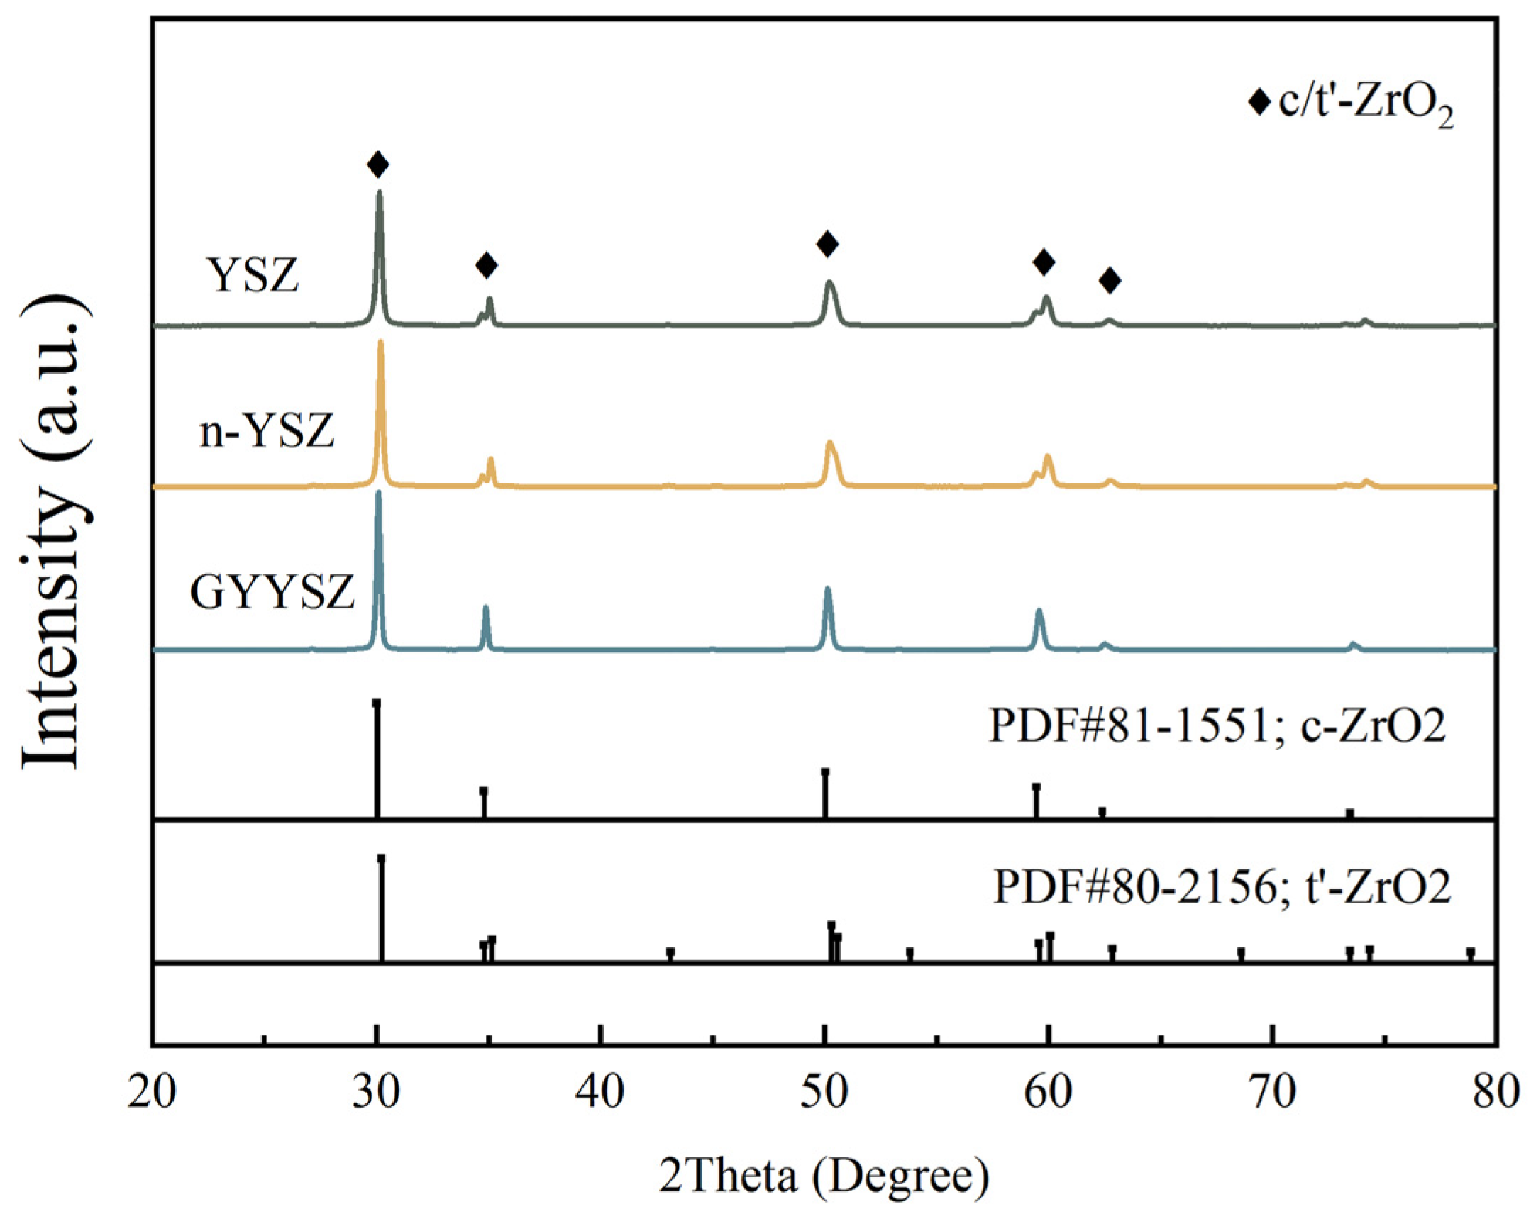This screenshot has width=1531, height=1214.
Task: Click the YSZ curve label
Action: point(252,275)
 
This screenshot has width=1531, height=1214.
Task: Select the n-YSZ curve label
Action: point(266,431)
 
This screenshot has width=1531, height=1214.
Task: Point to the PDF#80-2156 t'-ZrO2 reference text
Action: point(1222,886)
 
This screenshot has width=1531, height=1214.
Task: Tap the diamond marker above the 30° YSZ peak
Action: point(378,165)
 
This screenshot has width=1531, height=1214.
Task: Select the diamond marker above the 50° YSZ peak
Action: point(827,244)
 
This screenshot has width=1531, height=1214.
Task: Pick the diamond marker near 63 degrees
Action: point(1110,280)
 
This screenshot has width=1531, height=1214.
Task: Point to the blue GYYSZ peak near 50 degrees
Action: point(827,589)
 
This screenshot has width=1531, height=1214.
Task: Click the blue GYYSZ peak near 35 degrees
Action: point(486,608)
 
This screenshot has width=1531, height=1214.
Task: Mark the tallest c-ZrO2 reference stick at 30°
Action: point(377,759)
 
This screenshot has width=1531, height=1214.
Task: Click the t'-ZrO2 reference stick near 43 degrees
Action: point(670,955)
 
